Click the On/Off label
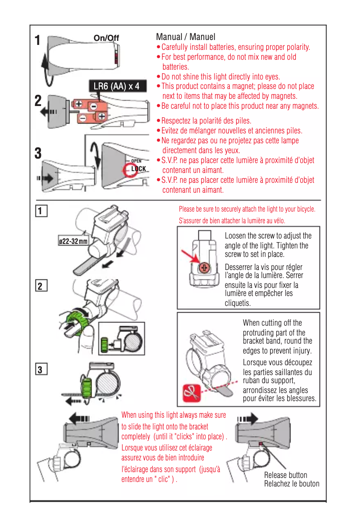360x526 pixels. pyautogui.click(x=106, y=38)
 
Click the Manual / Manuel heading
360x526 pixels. pyautogui.click(x=185, y=37)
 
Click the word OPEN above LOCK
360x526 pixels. pyautogui.click(x=136, y=161)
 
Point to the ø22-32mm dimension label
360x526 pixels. pyautogui.click(x=73, y=242)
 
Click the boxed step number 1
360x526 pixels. pyautogui.click(x=40, y=210)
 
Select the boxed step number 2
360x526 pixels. pyautogui.click(x=40, y=286)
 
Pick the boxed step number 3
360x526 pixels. pyautogui.click(x=40, y=370)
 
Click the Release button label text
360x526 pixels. pyautogui.click(x=285, y=475)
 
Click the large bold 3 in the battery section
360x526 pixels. pyautogui.click(x=39, y=153)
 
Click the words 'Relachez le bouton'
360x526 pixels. pyautogui.click(x=291, y=484)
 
